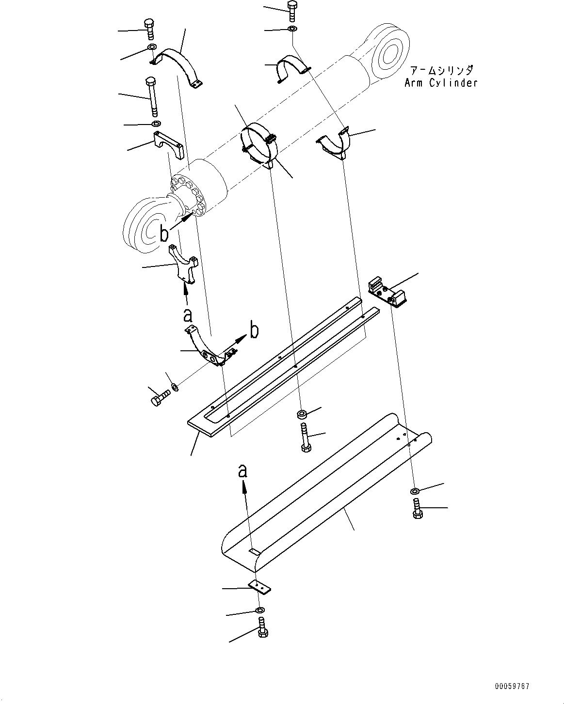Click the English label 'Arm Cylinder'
441,83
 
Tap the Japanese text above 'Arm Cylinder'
441,70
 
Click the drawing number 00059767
512,686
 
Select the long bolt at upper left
152,96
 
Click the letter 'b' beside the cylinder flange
164,234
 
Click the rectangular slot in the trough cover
254,551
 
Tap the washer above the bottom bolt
260,609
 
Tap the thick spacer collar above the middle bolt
302,415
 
